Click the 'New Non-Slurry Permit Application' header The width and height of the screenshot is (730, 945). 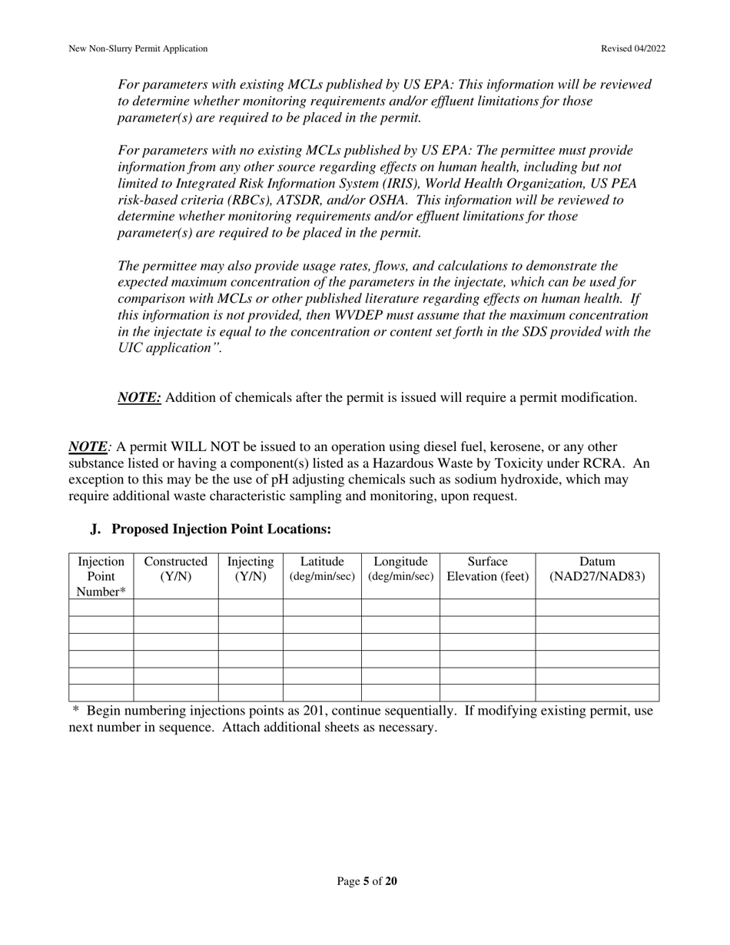138,48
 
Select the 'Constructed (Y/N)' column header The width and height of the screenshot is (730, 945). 175,569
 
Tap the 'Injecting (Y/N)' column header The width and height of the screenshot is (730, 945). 251,569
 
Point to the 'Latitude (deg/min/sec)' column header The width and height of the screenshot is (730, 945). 322,569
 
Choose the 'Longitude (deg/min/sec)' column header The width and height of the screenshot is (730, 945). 400,569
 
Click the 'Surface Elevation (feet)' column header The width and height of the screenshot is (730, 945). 487,569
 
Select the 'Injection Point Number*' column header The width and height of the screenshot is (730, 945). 101,576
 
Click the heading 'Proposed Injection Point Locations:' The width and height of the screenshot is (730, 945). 221,529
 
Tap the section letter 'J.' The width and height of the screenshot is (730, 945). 95,529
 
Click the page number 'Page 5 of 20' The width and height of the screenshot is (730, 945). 367,881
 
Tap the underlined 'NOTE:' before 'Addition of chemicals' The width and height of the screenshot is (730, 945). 139,398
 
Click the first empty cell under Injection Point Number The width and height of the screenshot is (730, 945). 101,608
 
